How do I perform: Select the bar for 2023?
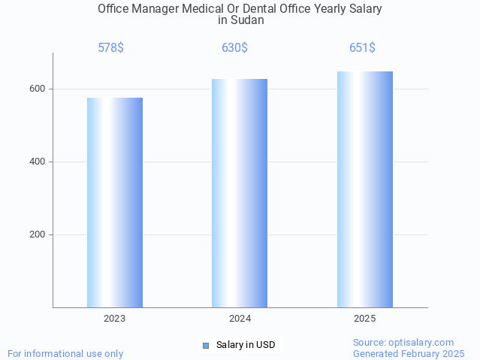[115, 202]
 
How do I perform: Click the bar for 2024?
[240, 193]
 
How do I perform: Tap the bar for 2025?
[365, 189]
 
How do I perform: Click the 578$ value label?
[110, 48]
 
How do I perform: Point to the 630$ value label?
[234, 48]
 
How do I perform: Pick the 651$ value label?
[362, 48]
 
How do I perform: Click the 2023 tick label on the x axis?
[115, 319]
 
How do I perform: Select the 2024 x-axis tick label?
[240, 319]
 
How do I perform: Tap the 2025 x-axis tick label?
[365, 319]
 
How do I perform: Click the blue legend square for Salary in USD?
[206, 346]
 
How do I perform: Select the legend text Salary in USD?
[246, 346]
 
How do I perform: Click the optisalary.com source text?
[403, 343]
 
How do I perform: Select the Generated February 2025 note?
[409, 353]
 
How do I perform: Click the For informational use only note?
[65, 353]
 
